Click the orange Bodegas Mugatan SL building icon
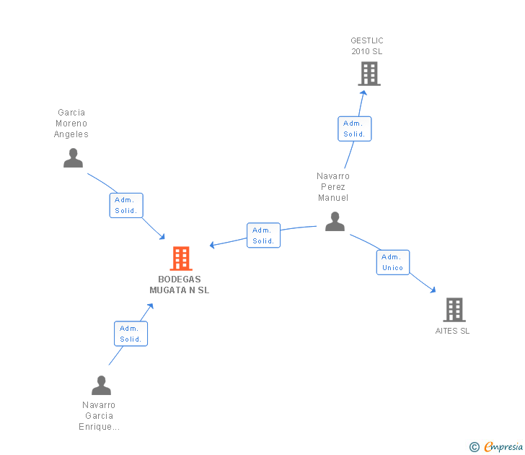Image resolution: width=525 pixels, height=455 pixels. pyautogui.click(x=180, y=258)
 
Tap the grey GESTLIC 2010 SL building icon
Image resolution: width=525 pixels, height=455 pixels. pyautogui.click(x=369, y=74)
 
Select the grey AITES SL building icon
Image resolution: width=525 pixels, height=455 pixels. pyautogui.click(x=454, y=310)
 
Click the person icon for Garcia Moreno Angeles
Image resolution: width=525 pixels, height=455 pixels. pyautogui.click(x=73, y=157)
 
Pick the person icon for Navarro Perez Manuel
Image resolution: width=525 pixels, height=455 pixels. pyautogui.click(x=335, y=221)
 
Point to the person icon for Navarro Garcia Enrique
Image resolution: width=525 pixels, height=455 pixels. pyautogui.click(x=101, y=385)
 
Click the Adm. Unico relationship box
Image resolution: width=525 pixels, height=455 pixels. pyautogui.click(x=393, y=262)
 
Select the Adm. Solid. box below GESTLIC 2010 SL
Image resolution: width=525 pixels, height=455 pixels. pyautogui.click(x=354, y=129)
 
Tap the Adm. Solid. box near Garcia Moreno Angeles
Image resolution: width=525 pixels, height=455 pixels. pyautogui.click(x=126, y=205)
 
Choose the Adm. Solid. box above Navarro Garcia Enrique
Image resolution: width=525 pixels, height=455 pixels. pyautogui.click(x=131, y=334)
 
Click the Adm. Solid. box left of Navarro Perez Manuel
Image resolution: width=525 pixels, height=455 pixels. pyautogui.click(x=263, y=235)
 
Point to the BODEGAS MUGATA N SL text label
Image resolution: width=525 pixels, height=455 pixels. pyautogui.click(x=180, y=285)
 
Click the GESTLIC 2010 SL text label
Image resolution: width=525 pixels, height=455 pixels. pyautogui.click(x=367, y=46)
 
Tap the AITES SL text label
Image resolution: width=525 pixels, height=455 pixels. pyautogui.click(x=452, y=331)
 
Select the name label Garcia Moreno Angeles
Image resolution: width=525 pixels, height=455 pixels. pyautogui.click(x=71, y=123)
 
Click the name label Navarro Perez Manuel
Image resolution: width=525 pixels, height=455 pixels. pyautogui.click(x=333, y=187)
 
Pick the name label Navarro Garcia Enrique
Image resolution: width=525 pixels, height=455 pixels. pyautogui.click(x=99, y=416)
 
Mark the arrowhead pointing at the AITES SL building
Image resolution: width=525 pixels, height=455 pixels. pyautogui.click(x=433, y=290)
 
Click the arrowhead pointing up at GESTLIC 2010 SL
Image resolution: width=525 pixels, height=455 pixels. pyautogui.click(x=363, y=92)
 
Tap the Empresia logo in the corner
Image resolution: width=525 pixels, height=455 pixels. pyautogui.click(x=497, y=446)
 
